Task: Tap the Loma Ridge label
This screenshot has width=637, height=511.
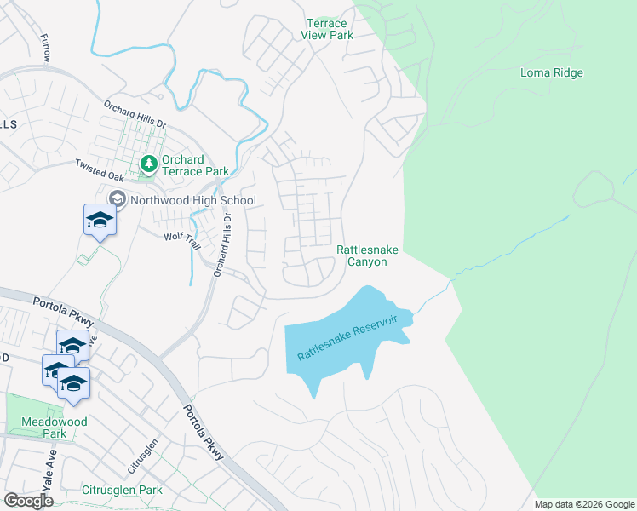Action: (552, 72)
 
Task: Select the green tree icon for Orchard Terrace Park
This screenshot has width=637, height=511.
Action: (148, 163)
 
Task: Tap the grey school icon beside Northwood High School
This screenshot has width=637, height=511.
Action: (117, 200)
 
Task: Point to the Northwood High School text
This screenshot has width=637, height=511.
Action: (192, 201)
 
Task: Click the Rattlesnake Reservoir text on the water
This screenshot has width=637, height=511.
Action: (347, 337)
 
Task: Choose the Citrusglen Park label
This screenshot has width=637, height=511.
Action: (122, 491)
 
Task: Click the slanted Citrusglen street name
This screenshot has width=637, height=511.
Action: (144, 457)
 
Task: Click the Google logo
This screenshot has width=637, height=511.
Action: (28, 501)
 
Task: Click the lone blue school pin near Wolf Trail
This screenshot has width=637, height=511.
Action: (100, 221)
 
